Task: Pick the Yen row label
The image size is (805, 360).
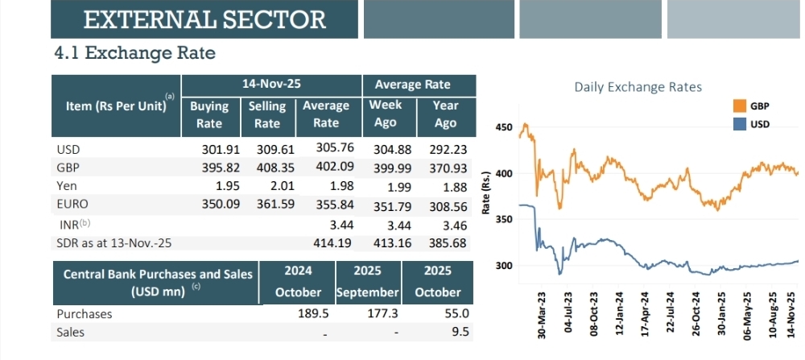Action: tap(67, 186)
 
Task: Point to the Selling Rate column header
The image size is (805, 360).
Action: tap(267, 114)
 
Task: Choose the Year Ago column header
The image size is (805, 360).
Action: tap(445, 114)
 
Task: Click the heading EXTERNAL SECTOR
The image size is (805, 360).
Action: tap(204, 19)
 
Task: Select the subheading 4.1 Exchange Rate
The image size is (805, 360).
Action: tap(134, 54)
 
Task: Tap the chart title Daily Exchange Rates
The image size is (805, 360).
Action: tap(638, 87)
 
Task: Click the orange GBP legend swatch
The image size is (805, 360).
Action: tap(739, 106)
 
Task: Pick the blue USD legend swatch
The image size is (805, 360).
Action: tap(739, 124)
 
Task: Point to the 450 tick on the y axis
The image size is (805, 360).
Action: tap(504, 127)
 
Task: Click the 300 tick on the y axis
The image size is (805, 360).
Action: tap(504, 265)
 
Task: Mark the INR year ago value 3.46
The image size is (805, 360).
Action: tap(455, 224)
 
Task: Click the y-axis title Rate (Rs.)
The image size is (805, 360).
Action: tap(485, 192)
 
